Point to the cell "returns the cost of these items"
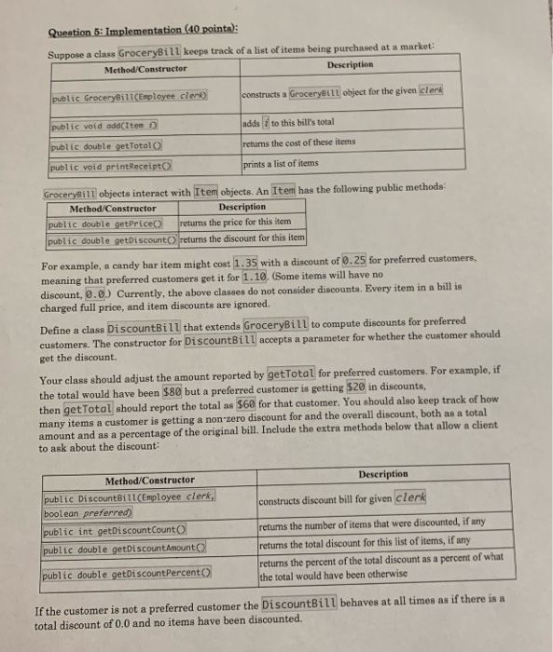[298, 143]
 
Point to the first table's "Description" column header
[350, 64]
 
